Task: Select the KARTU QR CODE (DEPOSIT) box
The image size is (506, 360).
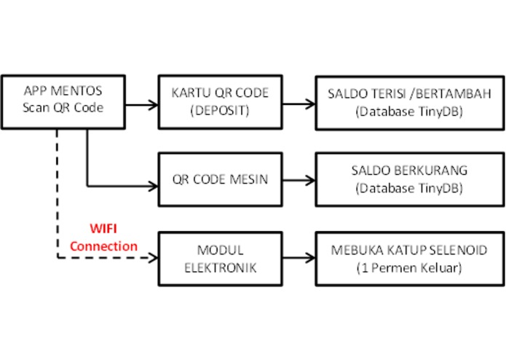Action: coord(220,101)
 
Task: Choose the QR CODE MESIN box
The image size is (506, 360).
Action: coord(220,180)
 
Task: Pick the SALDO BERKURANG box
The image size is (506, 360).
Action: coord(408,180)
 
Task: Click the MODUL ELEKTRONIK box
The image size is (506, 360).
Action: coord(220,259)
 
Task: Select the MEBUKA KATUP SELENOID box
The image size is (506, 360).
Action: coord(408,259)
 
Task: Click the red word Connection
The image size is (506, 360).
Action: coord(103,246)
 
